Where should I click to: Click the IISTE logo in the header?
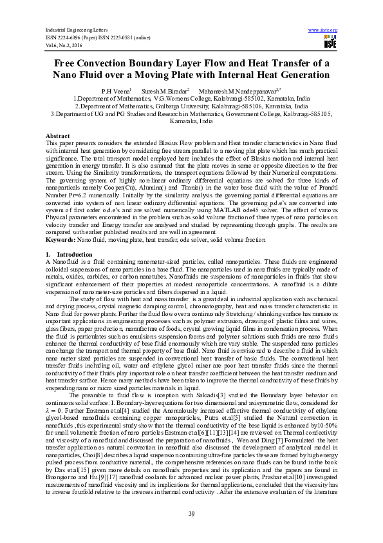[x=330, y=42]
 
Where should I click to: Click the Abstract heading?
[x=57, y=136]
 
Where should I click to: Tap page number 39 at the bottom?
[x=191, y=513]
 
